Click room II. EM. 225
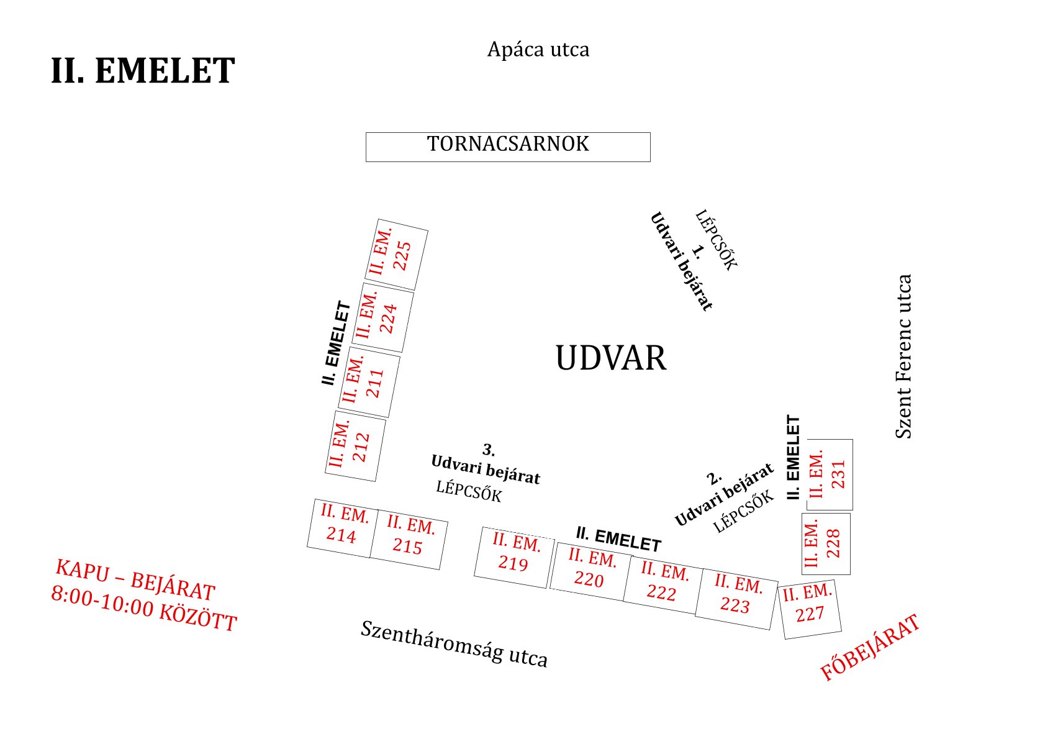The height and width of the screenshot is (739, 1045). tap(397, 254)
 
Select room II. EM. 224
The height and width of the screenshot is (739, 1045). tap(382, 317)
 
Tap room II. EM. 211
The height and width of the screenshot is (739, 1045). tap(369, 382)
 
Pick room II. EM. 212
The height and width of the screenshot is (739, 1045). tap(356, 446)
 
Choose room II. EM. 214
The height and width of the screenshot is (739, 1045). tap(342, 528)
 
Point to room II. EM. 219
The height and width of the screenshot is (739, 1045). tap(515, 558)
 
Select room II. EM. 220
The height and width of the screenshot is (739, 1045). tap(590, 572)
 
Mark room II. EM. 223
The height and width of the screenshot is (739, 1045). tap(736, 599)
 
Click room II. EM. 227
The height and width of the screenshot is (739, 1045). tap(810, 609)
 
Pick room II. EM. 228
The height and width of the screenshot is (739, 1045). tap(826, 544)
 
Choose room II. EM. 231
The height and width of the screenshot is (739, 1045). tap(830, 474)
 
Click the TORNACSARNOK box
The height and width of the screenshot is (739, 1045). tap(508, 147)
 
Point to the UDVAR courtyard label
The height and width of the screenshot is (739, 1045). tap(611, 358)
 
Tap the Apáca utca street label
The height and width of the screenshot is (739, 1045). tap(538, 50)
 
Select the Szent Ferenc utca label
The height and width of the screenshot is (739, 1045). tap(903, 356)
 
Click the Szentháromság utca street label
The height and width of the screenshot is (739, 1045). tap(455, 643)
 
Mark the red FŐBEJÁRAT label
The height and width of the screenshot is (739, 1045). tap(870, 648)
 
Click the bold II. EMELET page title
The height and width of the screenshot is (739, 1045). tap(143, 70)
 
